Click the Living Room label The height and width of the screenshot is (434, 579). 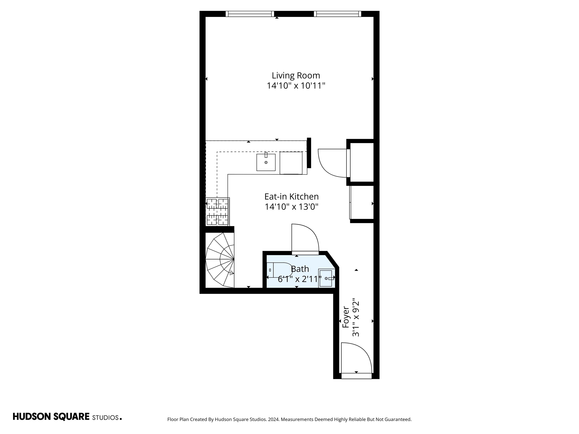coord(296,75)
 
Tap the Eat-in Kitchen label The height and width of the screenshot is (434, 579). coord(291,196)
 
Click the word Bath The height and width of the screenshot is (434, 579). coord(300,269)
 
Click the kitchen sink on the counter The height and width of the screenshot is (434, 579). coord(266,162)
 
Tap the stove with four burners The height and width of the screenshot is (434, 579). coord(217,212)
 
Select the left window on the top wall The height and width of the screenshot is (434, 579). coord(250,14)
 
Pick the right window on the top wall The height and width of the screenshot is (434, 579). coord(337,14)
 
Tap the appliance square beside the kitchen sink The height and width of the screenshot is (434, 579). coord(291,163)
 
